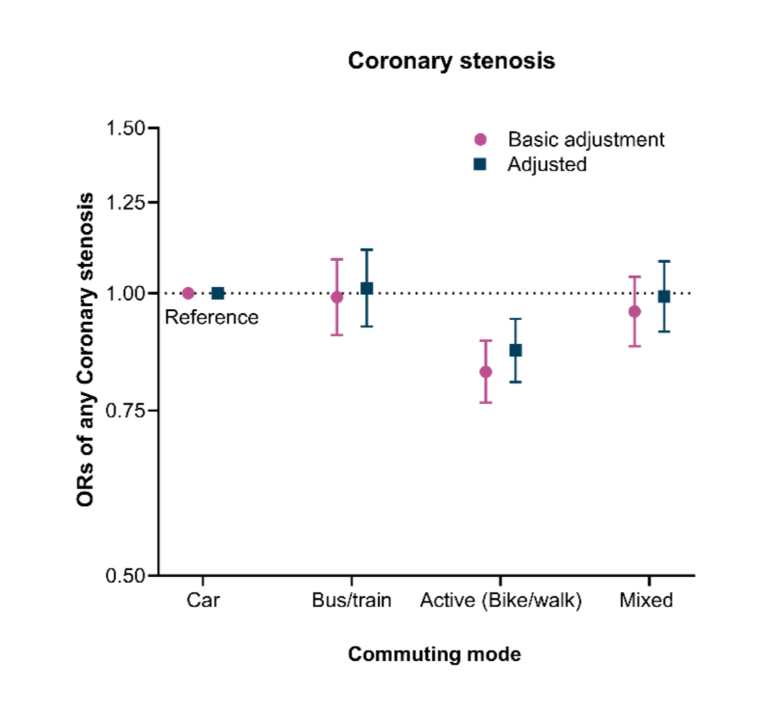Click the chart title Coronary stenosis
click(x=451, y=61)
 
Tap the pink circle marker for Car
click(x=188, y=293)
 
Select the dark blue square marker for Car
click(x=218, y=293)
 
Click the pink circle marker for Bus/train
click(x=337, y=297)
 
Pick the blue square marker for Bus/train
click(x=367, y=289)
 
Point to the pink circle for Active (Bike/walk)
click(x=485, y=372)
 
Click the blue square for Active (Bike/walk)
click(x=515, y=351)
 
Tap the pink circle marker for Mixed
click(x=634, y=311)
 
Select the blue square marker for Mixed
click(x=664, y=296)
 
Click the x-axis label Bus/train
click(x=351, y=600)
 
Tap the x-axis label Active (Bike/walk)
click(x=500, y=600)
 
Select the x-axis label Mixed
click(x=646, y=600)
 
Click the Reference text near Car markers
click(x=212, y=317)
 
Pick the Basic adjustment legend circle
click(x=480, y=140)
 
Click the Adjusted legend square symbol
click(x=480, y=165)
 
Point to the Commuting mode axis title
click(x=434, y=654)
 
